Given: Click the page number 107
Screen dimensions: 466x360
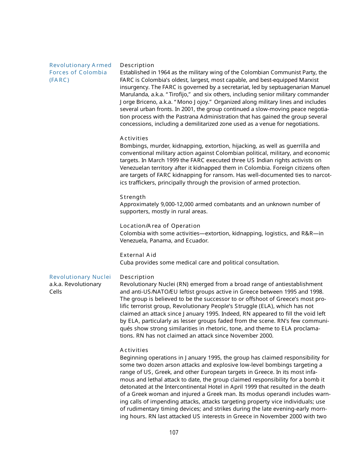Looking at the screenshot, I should coord(174,433).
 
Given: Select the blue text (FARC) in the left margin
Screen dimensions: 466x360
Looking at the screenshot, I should coord(59,80).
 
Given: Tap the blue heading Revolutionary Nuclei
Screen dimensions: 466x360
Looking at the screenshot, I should coord(80,277).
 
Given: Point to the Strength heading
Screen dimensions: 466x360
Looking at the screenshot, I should coord(133,197).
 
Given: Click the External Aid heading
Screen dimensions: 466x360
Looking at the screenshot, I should coord(138,255).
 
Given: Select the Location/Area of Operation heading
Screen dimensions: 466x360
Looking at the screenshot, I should coord(160,226).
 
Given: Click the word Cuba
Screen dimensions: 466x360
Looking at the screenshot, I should coord(127,263).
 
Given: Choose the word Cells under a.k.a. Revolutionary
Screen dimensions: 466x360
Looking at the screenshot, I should coord(56,292).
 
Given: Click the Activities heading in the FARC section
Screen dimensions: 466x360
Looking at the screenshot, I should coord(134,138).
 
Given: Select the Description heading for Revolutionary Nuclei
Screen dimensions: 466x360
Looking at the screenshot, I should coord(137,277).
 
